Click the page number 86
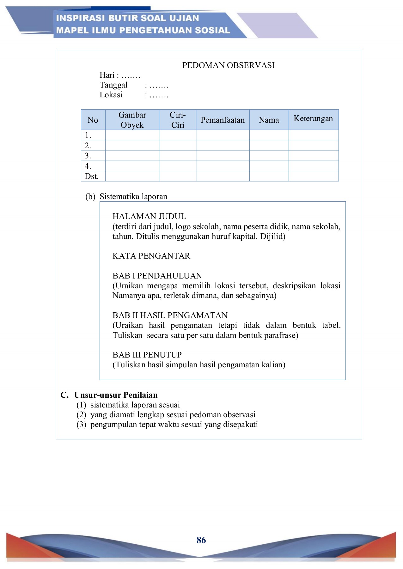pos(201,540)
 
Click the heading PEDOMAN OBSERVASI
pos(228,65)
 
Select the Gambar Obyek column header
pos(132,120)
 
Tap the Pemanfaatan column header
pos(223,120)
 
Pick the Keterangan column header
pos(313,119)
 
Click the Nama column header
pos(269,120)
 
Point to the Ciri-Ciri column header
pos(178,120)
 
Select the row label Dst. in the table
pos(92,176)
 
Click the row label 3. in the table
pos(88,156)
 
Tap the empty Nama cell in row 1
pos(269,135)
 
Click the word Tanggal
pos(113,85)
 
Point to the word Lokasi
pos(111,95)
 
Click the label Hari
pos(107,75)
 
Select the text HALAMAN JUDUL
pos(149,216)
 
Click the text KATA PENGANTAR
pos(151,256)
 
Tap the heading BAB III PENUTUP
pos(147,355)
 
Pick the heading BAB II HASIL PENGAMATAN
pos(170,315)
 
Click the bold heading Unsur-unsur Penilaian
pos(116,395)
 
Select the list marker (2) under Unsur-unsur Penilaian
pos(81,414)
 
